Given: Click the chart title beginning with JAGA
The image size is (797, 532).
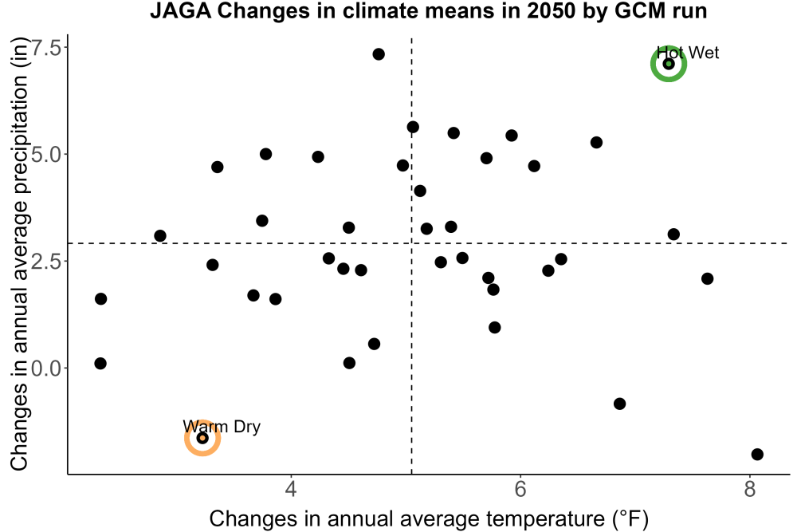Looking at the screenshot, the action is point(428,10).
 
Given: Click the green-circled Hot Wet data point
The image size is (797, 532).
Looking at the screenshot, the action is point(669,64).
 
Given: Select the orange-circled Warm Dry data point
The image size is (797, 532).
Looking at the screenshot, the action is point(202,438).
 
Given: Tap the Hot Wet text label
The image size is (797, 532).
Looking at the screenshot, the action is point(688,53).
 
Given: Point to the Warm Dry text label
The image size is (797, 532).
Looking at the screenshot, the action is point(222,426).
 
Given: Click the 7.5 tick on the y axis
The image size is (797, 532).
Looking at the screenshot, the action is point(45,48).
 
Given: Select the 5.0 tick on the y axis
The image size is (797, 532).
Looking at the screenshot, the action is point(45,154).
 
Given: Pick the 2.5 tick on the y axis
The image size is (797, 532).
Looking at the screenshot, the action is point(45,261).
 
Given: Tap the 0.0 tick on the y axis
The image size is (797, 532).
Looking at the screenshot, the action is point(45,368).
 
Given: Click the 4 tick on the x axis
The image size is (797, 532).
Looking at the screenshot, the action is point(291,489).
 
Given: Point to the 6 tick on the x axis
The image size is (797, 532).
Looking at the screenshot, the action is point(520,489).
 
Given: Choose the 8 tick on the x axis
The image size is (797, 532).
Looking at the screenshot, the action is point(750,489).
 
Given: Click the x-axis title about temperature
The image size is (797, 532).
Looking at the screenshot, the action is point(429,518).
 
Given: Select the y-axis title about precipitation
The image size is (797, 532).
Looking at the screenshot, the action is point(18,254).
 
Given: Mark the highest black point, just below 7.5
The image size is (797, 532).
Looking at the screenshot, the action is point(378,54).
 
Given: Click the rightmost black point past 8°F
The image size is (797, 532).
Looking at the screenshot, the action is point(757,454).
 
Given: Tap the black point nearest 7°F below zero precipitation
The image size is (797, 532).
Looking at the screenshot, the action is point(619,404).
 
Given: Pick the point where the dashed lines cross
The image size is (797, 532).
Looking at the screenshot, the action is point(411,243).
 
